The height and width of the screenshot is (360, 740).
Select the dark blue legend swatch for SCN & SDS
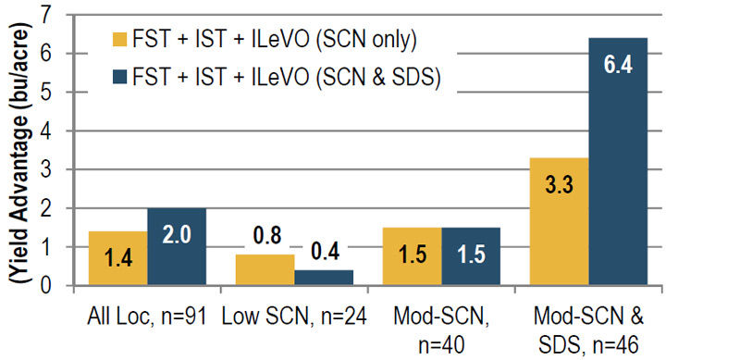(x=117, y=78)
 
